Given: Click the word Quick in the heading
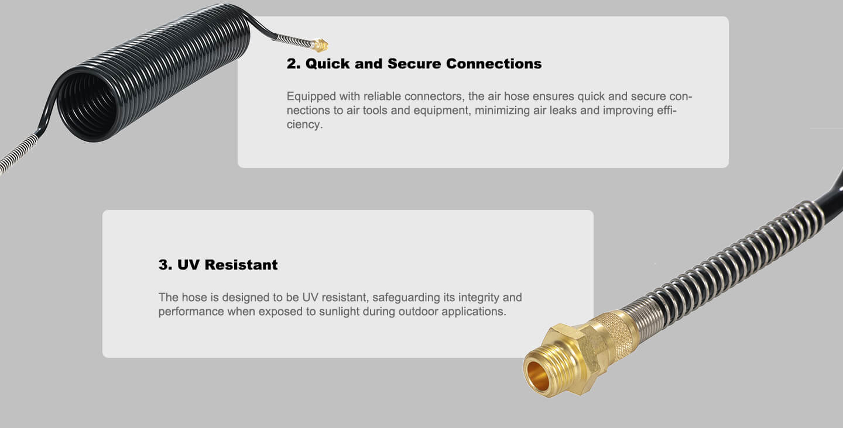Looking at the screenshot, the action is coord(328,64).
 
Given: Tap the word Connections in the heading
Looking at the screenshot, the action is coord(494,64).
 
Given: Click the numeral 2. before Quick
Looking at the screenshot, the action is coord(293,64).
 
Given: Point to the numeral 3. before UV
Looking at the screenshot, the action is coord(165,265).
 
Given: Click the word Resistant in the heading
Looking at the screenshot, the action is coord(241,265).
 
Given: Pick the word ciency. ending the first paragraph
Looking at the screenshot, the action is coord(304,125).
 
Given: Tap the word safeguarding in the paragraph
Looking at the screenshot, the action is coord(406,298).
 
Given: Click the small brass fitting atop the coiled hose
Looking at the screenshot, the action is coord(320,46).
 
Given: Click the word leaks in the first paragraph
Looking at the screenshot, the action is coord(563,111).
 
